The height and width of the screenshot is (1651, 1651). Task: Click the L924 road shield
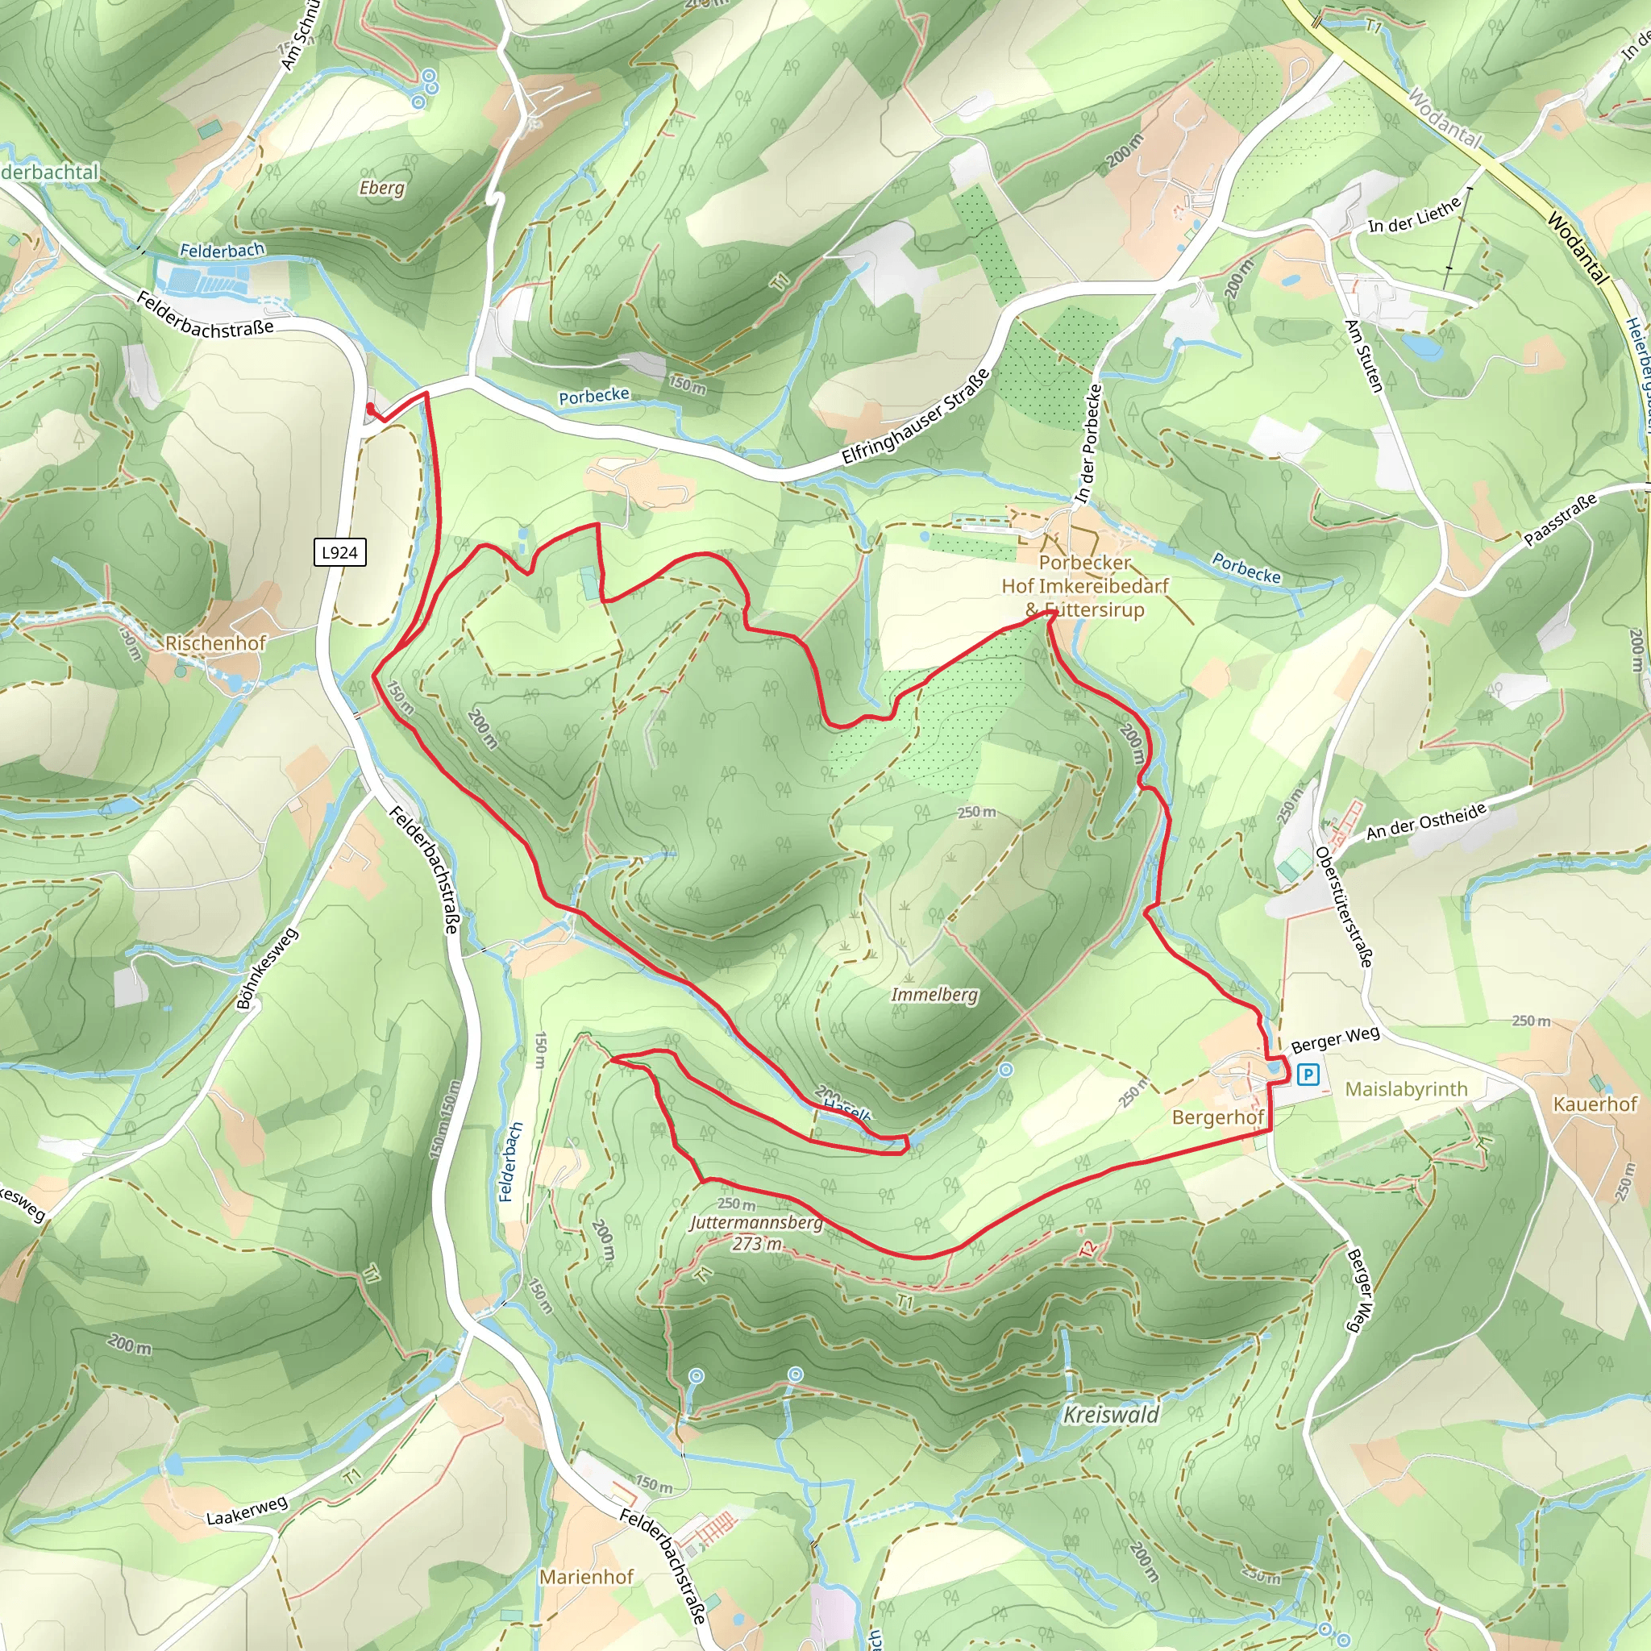point(339,552)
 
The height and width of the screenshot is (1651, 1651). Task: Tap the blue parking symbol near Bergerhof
point(1308,1073)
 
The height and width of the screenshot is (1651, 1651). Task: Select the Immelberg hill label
point(934,995)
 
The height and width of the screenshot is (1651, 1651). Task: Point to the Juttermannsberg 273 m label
point(756,1233)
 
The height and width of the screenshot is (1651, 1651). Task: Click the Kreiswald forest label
point(1110,1415)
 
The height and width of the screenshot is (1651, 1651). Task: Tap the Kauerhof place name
point(1595,1104)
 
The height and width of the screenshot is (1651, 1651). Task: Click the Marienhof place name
point(586,1577)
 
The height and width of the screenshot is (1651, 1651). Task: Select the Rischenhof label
point(215,643)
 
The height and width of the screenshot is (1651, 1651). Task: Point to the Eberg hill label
point(381,187)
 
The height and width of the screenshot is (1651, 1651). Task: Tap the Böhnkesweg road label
point(268,968)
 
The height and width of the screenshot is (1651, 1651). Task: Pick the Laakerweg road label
point(247,1511)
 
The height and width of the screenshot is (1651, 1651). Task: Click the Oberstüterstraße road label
point(1343,907)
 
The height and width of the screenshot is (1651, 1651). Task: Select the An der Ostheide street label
point(1426,821)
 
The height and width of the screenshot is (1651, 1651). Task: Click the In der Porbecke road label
point(1088,443)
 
